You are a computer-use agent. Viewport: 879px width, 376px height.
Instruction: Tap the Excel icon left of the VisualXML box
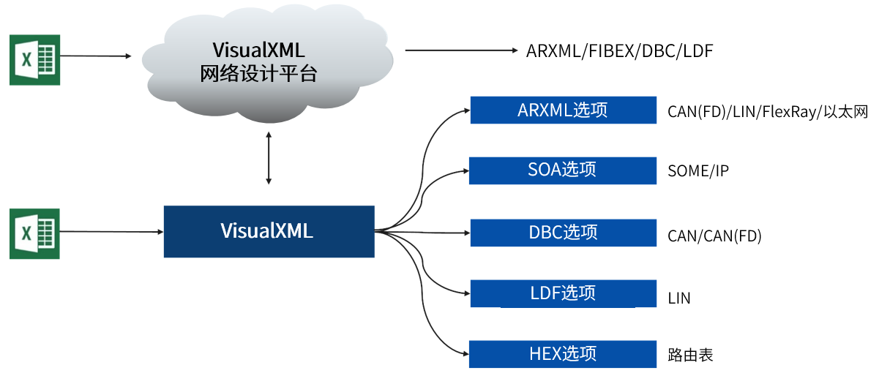tap(34, 233)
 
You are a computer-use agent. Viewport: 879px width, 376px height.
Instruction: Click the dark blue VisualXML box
tap(269, 231)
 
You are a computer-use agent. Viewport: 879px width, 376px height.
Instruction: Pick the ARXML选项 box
tap(563, 110)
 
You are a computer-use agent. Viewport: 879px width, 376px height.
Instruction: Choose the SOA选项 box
tap(562, 170)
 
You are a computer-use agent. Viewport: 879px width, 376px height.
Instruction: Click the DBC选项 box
tap(563, 233)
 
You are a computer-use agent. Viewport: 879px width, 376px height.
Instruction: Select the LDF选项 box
tap(563, 293)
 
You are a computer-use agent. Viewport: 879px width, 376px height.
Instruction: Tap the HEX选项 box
tap(563, 354)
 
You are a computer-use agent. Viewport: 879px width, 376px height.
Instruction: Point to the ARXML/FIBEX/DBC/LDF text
tap(619, 51)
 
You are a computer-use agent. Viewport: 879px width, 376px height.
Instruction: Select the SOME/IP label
tap(697, 171)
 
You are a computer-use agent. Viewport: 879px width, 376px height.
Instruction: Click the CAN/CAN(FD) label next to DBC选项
tap(714, 236)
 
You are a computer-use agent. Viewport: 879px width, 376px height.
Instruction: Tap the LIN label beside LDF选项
tap(679, 298)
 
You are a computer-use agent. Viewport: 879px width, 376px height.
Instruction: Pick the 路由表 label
tap(690, 356)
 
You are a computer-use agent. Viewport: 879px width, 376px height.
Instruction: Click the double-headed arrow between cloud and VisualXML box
tap(269, 157)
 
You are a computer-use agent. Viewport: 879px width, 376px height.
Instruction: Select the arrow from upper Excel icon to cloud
tap(95, 55)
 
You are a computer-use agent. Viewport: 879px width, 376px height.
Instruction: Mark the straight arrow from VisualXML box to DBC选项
tap(424, 232)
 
